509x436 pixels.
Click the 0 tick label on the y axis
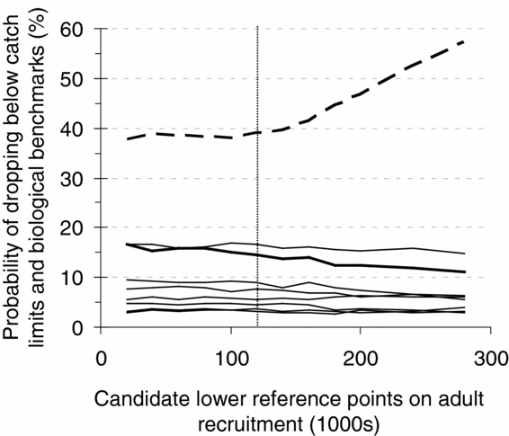click(x=81, y=328)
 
